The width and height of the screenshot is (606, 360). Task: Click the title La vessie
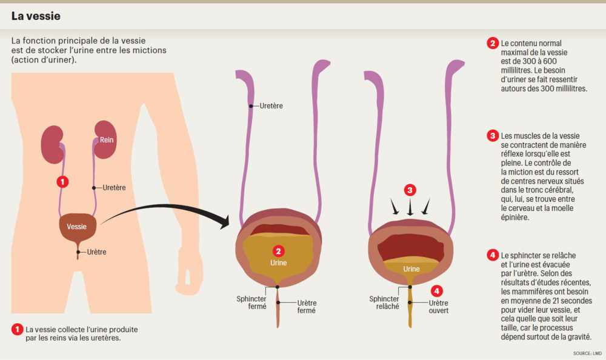click(36, 16)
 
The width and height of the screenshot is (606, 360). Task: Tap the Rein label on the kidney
click(107, 140)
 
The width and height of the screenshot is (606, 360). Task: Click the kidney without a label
click(53, 144)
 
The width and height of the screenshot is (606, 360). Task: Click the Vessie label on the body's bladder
click(76, 227)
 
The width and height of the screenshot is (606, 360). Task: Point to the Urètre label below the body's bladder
click(98, 252)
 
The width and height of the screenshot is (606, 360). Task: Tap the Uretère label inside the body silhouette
click(114, 188)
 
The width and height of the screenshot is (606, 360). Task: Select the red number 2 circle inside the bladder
click(279, 250)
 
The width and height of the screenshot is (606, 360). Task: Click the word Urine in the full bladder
click(279, 263)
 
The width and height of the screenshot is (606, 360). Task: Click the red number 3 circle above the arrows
click(410, 190)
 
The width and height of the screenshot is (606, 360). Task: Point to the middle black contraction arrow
click(410, 208)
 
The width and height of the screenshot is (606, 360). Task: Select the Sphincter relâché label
click(384, 302)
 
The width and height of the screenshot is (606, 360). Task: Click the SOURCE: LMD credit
click(587, 353)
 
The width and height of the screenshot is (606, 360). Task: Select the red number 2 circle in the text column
click(493, 44)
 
